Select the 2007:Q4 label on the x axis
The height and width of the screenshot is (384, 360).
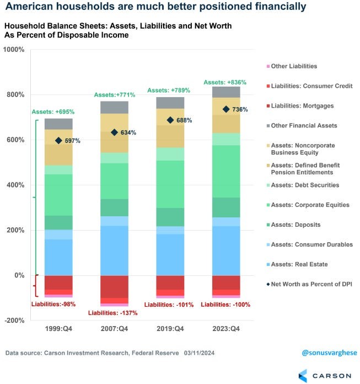tap(114, 329)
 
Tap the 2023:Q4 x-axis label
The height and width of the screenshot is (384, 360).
tap(225, 329)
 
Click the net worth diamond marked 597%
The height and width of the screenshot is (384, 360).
tap(58, 141)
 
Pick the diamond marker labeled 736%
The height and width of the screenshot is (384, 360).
tap(226, 109)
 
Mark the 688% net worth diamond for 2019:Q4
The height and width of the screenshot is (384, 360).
tap(170, 120)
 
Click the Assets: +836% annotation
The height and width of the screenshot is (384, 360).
tap(225, 82)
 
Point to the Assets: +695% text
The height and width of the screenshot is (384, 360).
tap(52, 111)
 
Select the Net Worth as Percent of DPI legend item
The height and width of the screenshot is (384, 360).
tap(308, 284)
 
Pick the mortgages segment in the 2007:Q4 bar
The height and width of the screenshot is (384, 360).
tap(114, 286)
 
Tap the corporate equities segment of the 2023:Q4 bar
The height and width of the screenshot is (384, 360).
tap(226, 171)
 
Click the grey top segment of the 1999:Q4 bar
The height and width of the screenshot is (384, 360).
tap(59, 124)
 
